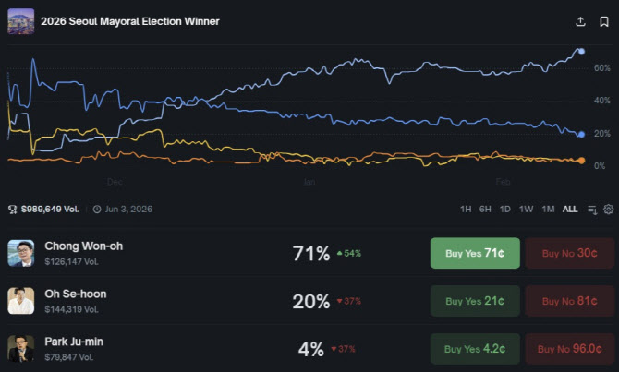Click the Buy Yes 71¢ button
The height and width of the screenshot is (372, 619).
point(475,253)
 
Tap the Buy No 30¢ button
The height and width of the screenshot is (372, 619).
point(569,253)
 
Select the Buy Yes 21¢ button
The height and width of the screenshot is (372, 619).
point(475,301)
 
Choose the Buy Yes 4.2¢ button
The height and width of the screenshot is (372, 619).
point(475,349)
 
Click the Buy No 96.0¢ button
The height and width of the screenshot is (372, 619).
point(569,349)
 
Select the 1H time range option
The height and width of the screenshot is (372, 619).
point(466,210)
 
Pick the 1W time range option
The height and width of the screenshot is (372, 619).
point(526,210)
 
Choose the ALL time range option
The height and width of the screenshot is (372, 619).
point(570,210)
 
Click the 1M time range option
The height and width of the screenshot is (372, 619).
point(548,210)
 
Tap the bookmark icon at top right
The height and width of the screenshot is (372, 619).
point(603,21)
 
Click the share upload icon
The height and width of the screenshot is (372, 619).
point(580,21)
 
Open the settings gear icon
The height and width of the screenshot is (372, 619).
point(608,210)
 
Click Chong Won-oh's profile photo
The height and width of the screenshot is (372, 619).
point(21,253)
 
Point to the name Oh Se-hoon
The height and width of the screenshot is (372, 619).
point(75,294)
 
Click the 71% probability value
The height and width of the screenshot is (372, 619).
point(311,253)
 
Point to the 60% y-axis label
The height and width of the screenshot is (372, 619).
point(601,68)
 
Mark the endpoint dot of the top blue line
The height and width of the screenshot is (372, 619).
point(581,51)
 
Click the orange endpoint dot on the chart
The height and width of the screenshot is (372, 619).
point(581,161)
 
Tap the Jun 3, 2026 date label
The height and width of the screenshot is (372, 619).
point(128,210)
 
